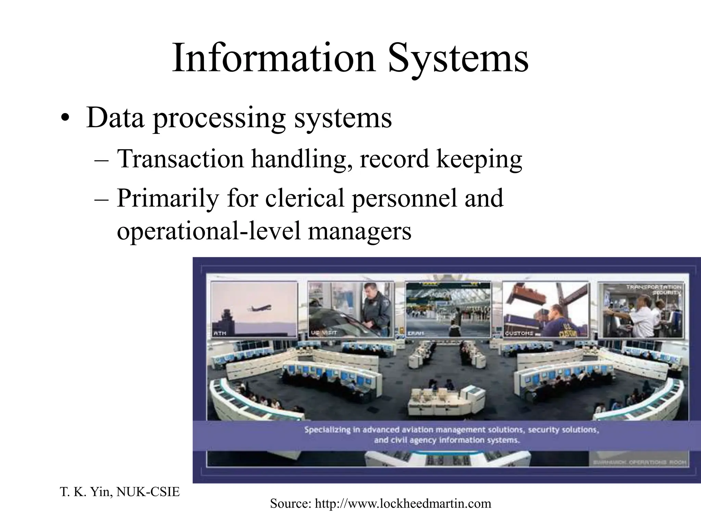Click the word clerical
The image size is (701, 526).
(x=304, y=199)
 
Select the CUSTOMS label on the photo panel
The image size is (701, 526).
(x=519, y=333)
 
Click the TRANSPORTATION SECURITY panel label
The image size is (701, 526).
(x=654, y=290)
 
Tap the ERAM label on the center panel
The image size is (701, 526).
(x=415, y=333)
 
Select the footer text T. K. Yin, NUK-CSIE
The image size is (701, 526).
(x=119, y=492)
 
